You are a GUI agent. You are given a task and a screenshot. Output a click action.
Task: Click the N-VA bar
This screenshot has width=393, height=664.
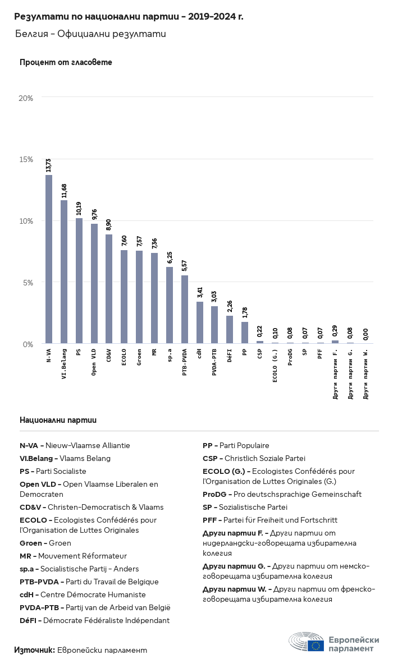coord(49,259)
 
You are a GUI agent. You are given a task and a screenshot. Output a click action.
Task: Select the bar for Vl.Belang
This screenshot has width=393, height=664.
coord(64,271)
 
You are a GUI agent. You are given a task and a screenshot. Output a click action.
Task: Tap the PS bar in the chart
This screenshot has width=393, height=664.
coord(79,281)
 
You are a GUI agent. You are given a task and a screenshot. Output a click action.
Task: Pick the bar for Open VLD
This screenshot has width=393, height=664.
coord(94,283)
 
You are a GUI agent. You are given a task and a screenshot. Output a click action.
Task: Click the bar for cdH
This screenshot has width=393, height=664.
coord(200,322)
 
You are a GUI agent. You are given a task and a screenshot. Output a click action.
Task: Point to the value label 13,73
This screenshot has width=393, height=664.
coord(49,165)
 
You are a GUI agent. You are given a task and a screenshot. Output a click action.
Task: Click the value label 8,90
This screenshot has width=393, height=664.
coord(109,225)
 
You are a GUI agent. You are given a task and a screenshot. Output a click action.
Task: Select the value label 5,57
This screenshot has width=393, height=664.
coord(184,266)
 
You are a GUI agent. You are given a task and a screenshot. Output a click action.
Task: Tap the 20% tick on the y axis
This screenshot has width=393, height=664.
coord(26,98)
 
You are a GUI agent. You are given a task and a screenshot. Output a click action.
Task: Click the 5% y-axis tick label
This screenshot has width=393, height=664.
coord(28,283)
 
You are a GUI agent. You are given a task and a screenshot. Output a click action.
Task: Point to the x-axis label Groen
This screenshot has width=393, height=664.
coord(139,357)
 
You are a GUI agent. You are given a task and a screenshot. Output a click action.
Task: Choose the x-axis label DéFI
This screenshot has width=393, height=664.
coord(230,356)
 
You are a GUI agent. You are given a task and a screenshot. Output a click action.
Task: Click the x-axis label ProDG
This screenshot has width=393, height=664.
coord(290,357)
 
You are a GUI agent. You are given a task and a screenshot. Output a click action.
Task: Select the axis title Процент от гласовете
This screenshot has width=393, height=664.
coord(66,62)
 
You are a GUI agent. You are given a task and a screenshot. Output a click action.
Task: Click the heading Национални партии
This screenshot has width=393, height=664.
coord(58,420)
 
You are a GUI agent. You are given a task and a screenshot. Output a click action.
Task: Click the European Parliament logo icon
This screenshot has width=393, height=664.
coord(307,642)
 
